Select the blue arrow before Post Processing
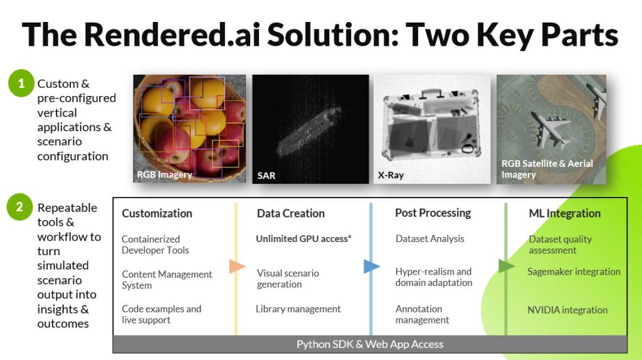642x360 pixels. click(372, 267)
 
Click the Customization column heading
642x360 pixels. click(157, 213)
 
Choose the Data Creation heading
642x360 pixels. click(290, 213)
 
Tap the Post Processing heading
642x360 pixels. click(433, 213)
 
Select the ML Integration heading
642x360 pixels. click(564, 213)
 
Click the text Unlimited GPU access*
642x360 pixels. click(303, 239)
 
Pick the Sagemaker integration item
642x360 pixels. click(574, 272)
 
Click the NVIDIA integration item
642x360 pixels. click(567, 310)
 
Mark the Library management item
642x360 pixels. click(298, 309)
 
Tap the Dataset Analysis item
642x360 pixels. click(429, 239)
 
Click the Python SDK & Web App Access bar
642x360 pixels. click(370, 344)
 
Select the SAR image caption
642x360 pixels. click(266, 176)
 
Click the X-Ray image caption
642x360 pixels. click(391, 176)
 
